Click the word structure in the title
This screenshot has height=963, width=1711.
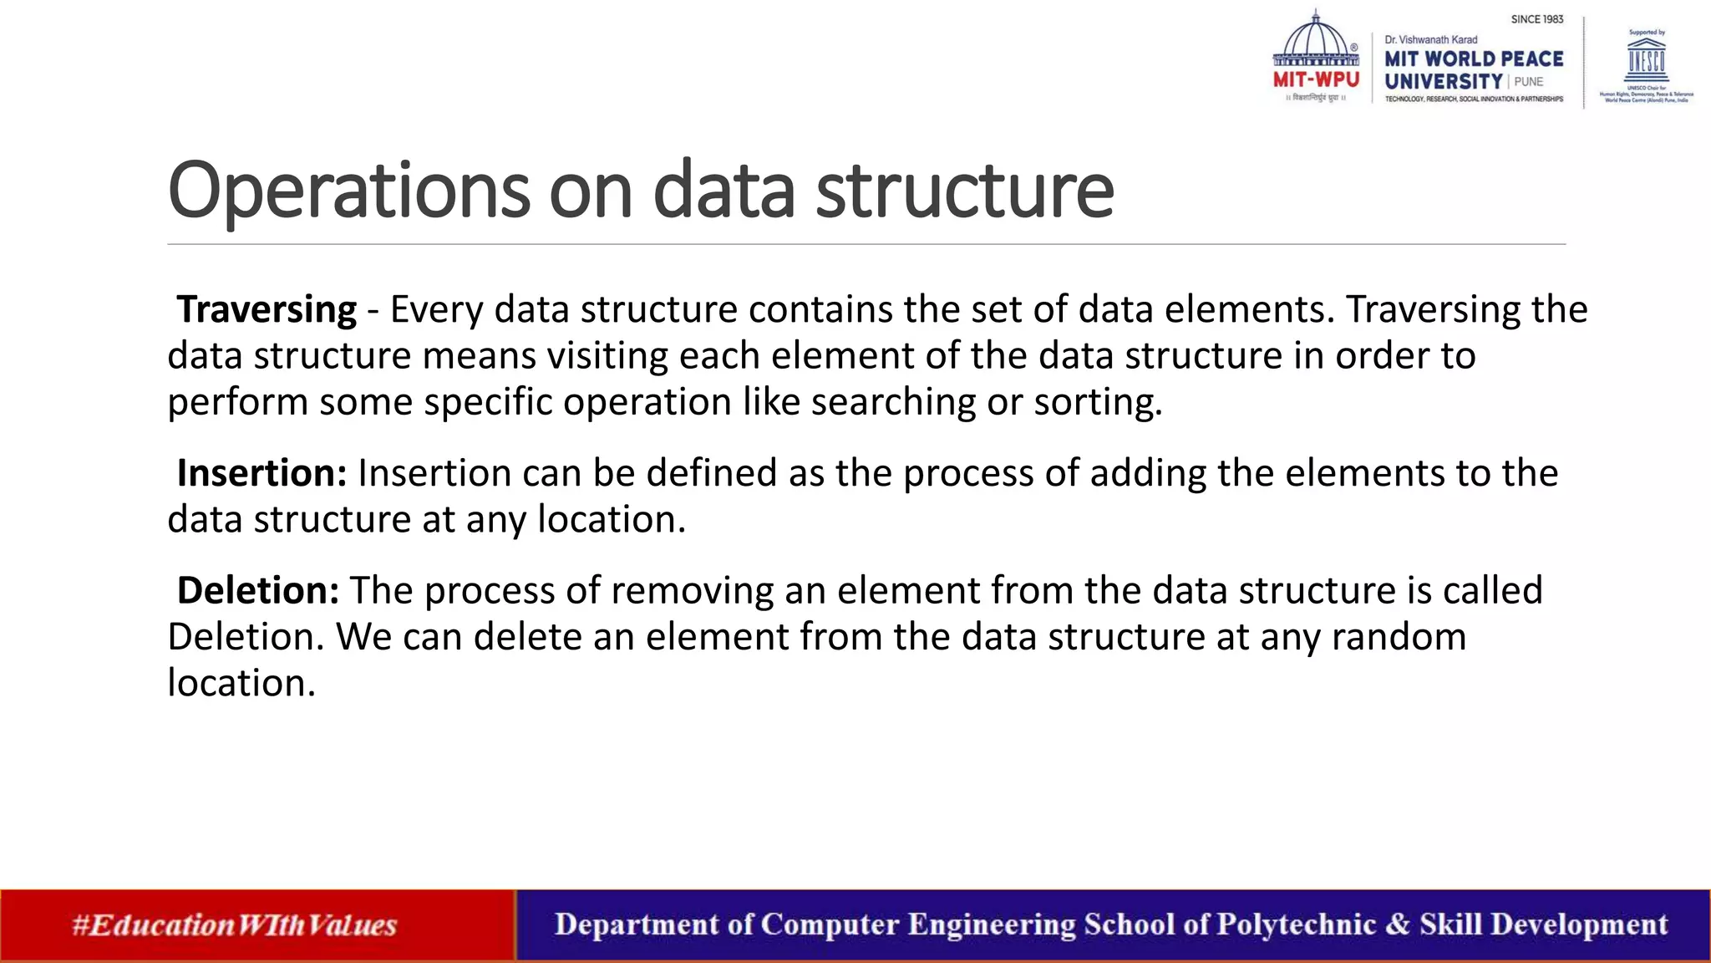[964, 191]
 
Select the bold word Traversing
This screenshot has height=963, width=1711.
[267, 309]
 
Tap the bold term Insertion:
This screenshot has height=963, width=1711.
[261, 473]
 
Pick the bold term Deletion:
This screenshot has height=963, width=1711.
[257, 591]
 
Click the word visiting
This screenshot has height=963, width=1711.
[607, 356]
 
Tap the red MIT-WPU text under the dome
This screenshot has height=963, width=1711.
[1316, 80]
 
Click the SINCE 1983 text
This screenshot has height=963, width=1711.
[1536, 19]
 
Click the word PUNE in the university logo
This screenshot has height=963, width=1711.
[1528, 82]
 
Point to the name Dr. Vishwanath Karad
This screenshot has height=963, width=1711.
[1430, 40]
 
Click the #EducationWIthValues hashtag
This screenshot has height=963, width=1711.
[235, 925]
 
